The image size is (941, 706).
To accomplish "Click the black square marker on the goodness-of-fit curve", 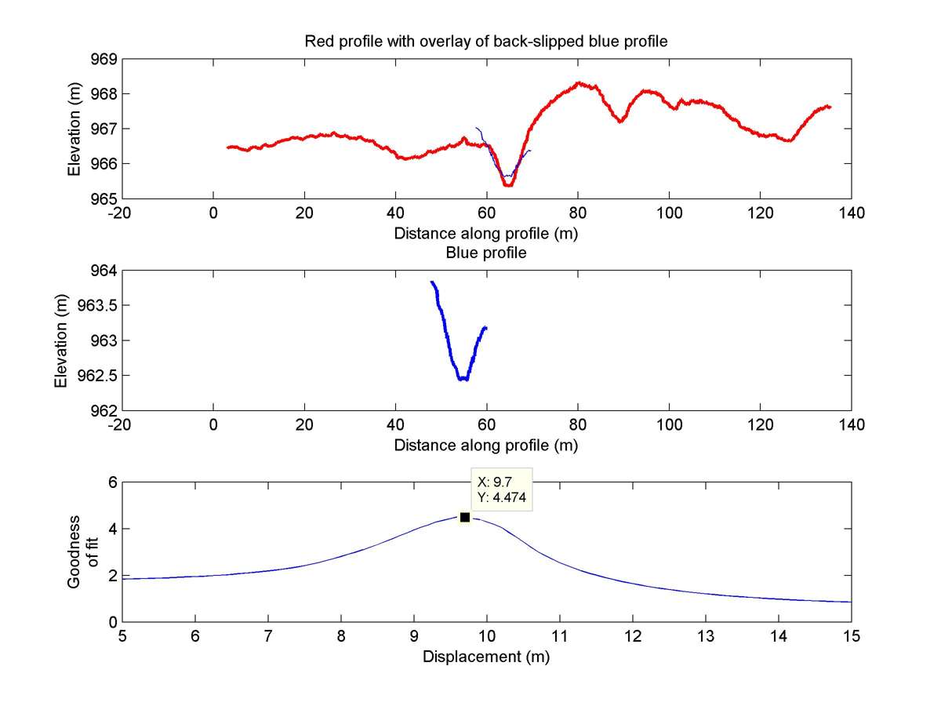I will click(x=465, y=517).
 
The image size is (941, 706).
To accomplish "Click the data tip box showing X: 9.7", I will click(x=501, y=489).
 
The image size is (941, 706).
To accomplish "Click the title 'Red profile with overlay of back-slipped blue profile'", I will click(x=486, y=42).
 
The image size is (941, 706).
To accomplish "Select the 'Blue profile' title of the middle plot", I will click(x=486, y=253).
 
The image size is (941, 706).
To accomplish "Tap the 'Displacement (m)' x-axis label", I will click(x=486, y=657).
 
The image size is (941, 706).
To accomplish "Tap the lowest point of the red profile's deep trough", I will click(x=507, y=185).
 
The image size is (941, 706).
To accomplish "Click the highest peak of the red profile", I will click(x=579, y=82).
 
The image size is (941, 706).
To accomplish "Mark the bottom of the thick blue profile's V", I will click(x=463, y=379).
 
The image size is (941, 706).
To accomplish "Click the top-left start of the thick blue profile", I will click(x=431, y=282).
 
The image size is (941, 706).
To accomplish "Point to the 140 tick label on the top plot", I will click(x=851, y=213).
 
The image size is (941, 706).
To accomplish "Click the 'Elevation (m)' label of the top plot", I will click(x=74, y=129).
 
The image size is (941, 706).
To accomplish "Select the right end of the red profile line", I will click(x=830, y=107).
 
